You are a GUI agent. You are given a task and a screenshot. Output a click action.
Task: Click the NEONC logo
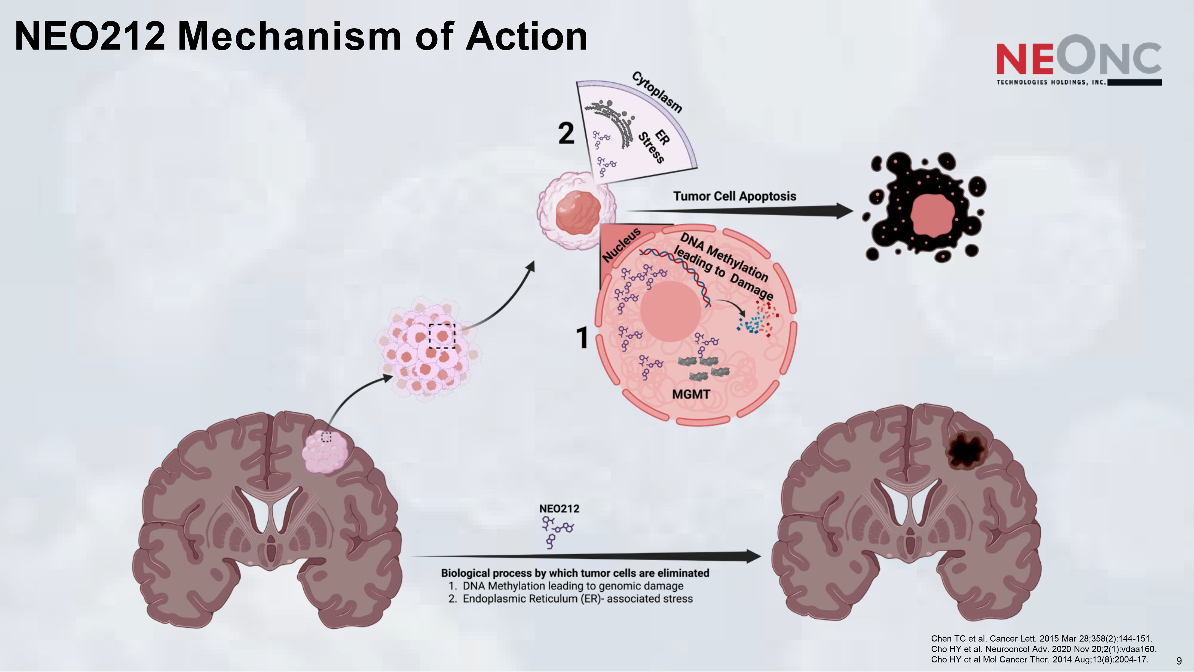[1078, 60]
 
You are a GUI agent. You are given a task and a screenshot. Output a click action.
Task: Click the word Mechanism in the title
[289, 37]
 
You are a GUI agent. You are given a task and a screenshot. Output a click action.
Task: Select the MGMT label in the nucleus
[691, 395]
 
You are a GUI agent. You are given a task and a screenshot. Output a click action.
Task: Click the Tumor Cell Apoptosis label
[734, 196]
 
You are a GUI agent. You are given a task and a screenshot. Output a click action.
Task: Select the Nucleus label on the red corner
[621, 244]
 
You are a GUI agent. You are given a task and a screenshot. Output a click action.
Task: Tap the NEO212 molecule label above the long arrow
[559, 509]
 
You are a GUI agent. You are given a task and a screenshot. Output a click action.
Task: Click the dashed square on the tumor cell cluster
[442, 336]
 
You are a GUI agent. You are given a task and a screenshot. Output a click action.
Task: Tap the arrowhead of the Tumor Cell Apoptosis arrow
[844, 211]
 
